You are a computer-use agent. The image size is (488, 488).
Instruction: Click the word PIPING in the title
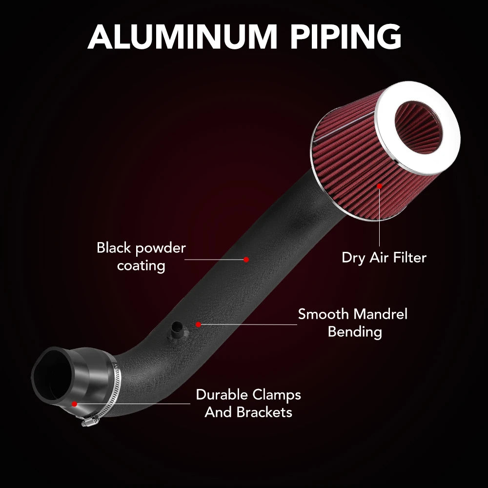click(x=346, y=37)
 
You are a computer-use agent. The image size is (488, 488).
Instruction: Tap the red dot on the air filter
click(x=379, y=186)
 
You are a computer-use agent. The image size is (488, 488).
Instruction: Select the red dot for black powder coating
click(x=246, y=259)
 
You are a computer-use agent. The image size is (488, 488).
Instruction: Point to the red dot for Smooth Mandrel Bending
click(x=198, y=325)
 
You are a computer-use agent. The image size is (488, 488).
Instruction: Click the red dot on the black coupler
click(x=74, y=404)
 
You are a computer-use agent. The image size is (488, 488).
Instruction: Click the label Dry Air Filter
click(x=384, y=258)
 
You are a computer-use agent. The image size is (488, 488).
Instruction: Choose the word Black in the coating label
click(x=114, y=248)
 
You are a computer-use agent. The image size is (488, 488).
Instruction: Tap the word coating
click(x=141, y=266)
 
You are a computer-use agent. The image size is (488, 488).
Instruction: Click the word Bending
click(x=355, y=332)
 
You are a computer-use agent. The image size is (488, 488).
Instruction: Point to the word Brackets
click(x=264, y=412)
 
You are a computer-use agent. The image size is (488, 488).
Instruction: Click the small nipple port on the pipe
click(x=177, y=331)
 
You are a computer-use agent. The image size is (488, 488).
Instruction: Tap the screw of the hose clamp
click(x=89, y=422)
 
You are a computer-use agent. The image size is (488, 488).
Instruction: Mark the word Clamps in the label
click(x=277, y=395)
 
